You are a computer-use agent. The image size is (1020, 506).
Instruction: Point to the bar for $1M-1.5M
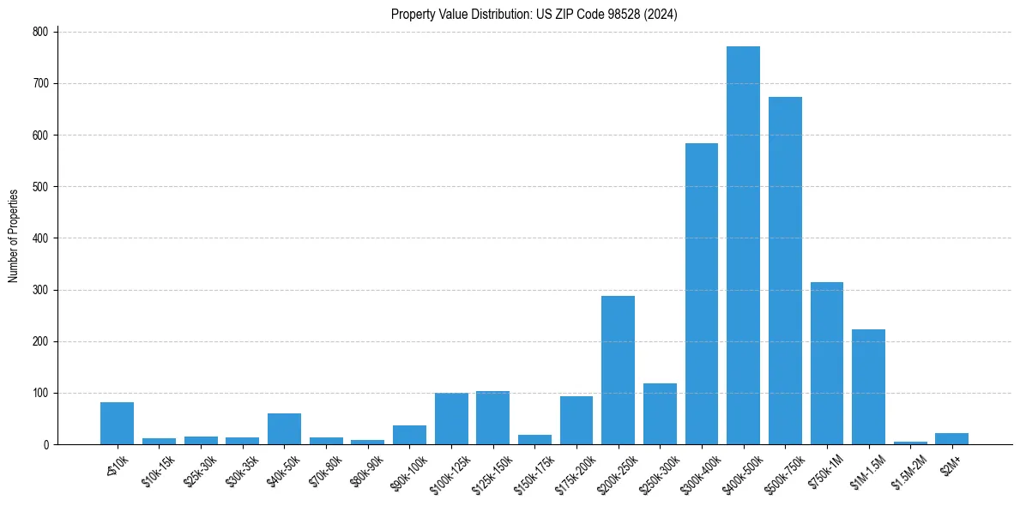tap(868, 387)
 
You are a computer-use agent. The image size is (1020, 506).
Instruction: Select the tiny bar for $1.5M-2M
tap(910, 443)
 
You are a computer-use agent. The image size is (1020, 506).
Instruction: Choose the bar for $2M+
tap(951, 439)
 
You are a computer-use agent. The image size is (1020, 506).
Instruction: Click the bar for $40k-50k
tap(284, 429)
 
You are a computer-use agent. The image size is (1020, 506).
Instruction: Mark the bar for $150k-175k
tap(534, 440)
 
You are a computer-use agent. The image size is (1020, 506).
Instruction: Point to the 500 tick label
tap(42, 186)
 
